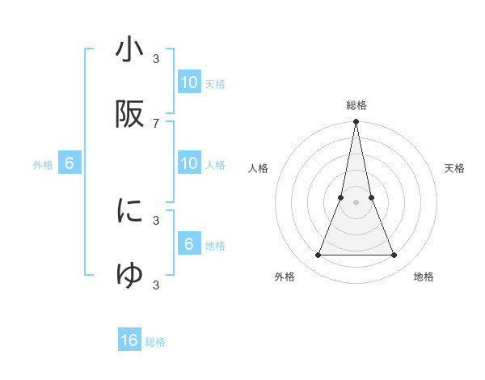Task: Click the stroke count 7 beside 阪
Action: tap(156, 123)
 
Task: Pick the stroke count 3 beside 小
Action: tap(156, 59)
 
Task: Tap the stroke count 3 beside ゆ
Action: tap(156, 285)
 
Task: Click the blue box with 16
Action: tap(129, 340)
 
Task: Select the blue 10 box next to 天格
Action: tap(189, 82)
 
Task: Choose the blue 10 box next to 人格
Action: tap(189, 164)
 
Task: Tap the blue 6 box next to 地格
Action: tap(189, 244)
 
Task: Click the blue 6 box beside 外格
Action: tap(70, 164)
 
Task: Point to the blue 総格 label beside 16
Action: tap(155, 342)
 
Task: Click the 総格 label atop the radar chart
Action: tap(356, 105)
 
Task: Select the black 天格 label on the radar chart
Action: tap(454, 169)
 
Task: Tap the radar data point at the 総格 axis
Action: tap(356, 123)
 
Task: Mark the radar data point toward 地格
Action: tap(394, 255)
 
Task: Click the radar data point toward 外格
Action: tap(318, 255)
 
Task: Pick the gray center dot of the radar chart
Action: tap(356, 203)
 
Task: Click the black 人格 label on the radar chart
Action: tap(259, 169)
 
